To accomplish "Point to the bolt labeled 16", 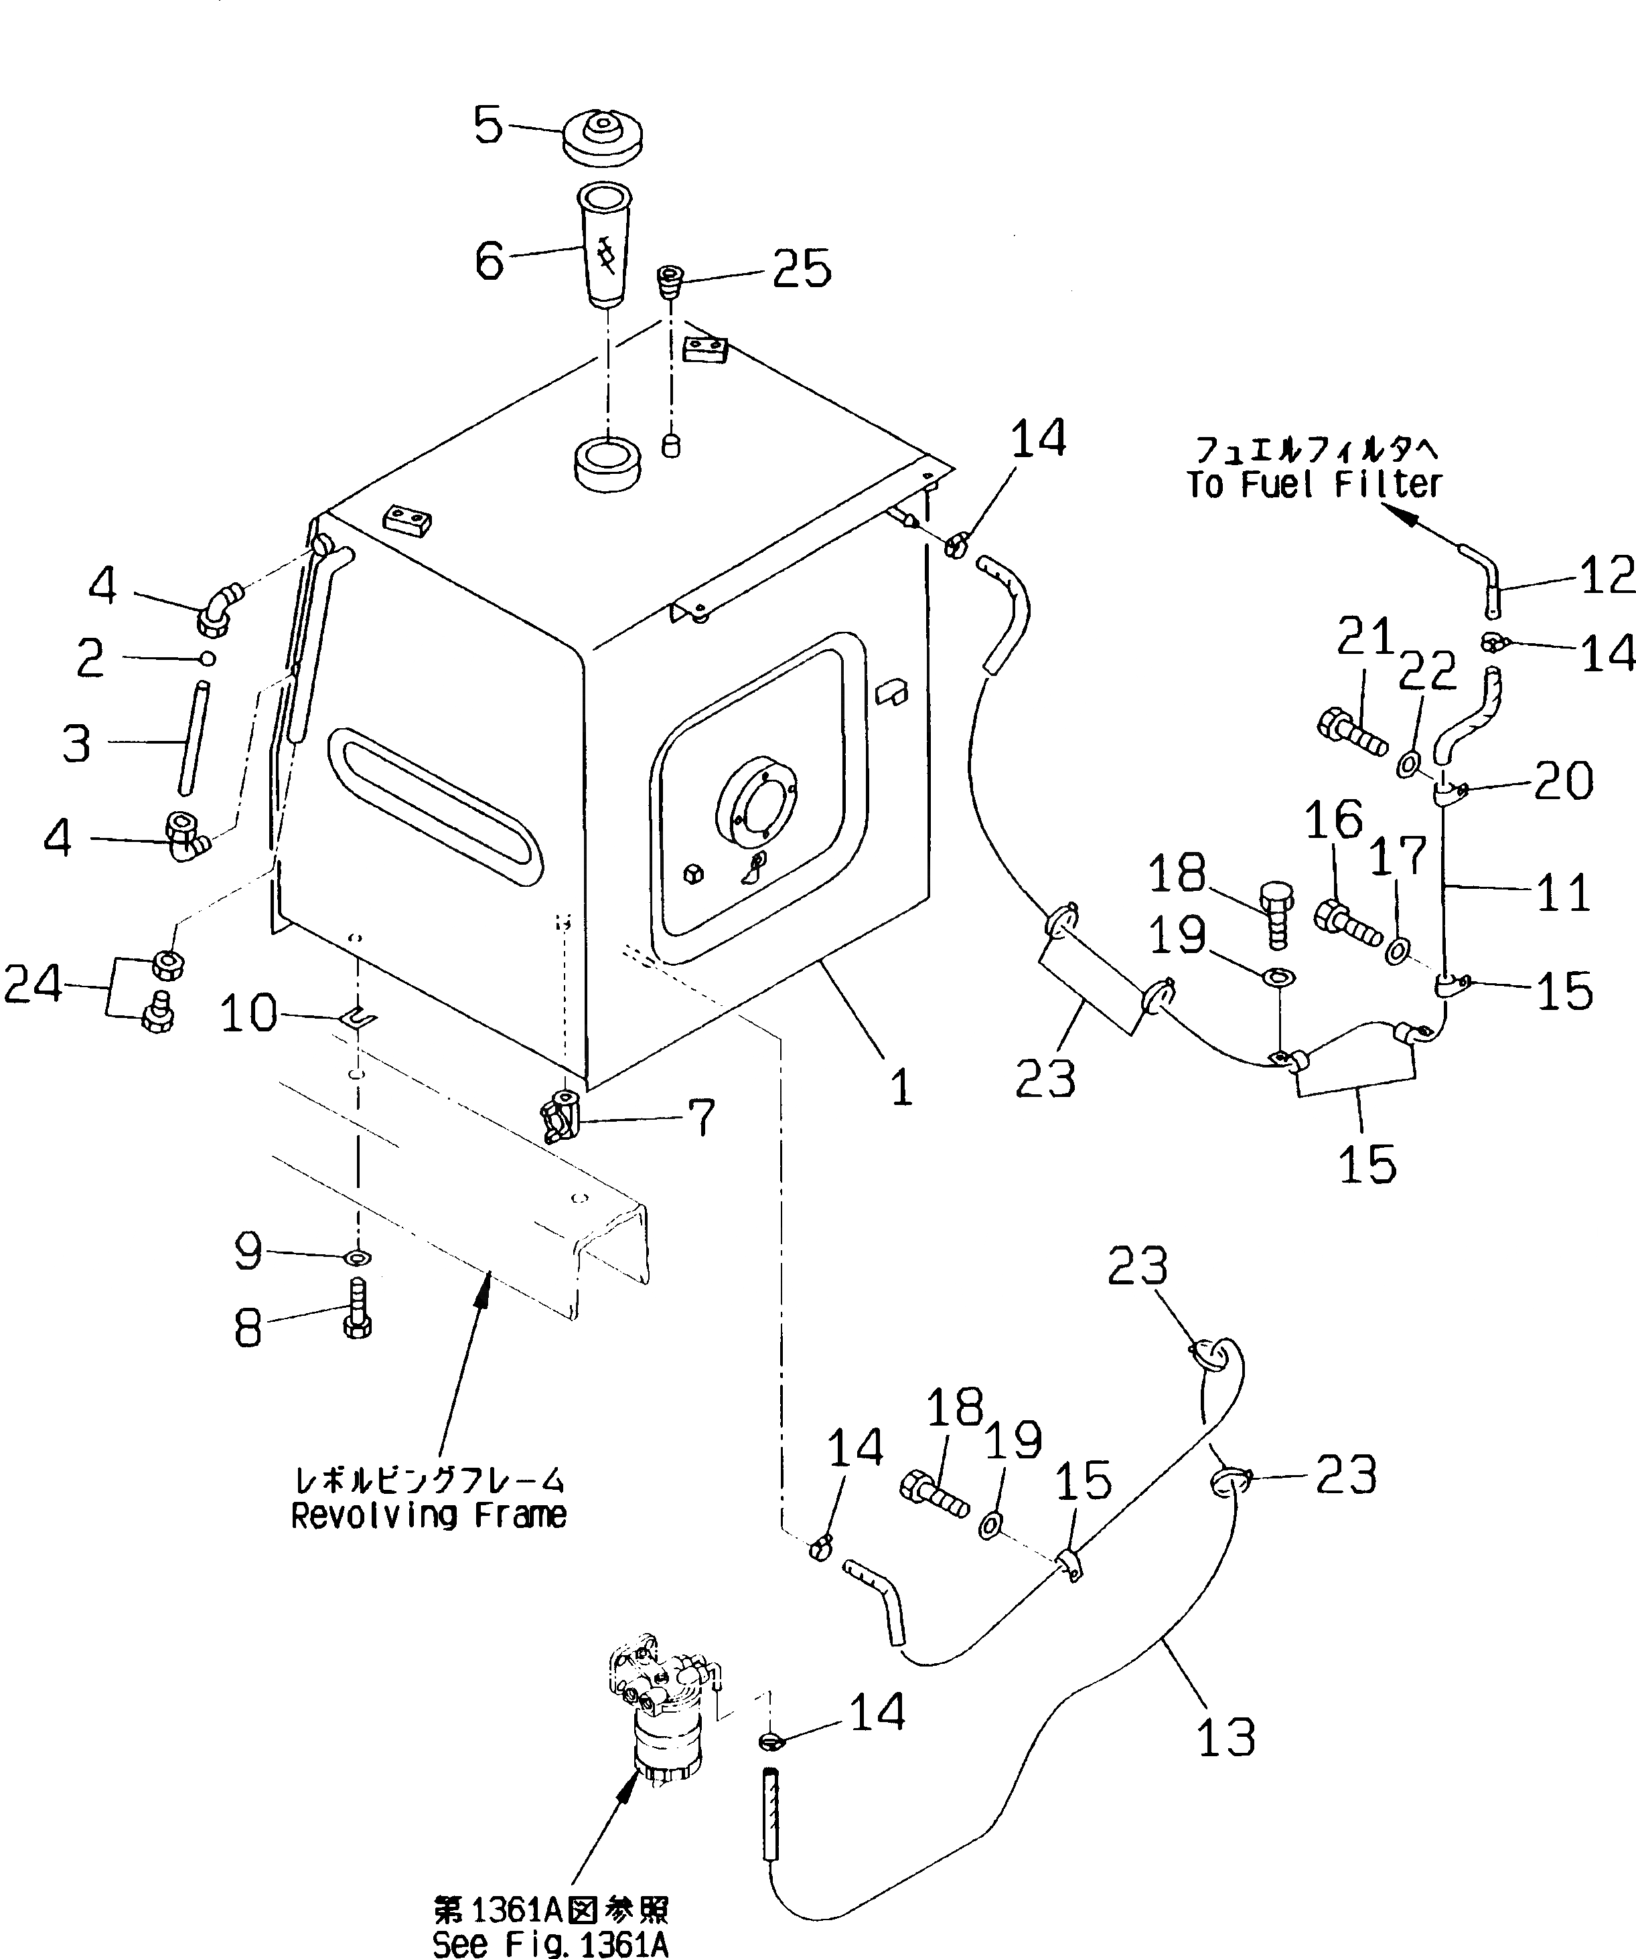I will (1346, 922).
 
